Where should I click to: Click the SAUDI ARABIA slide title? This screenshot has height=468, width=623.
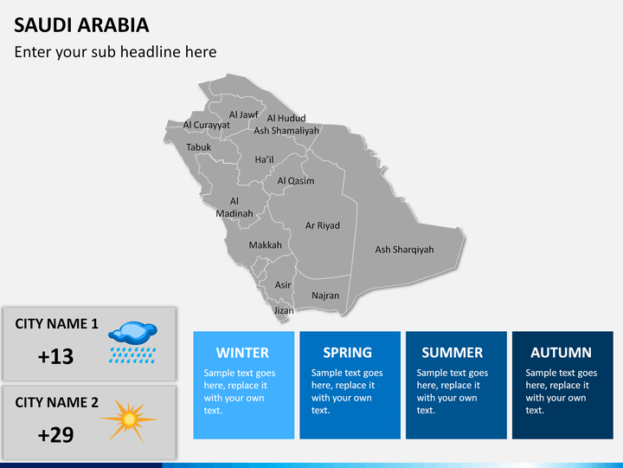81,25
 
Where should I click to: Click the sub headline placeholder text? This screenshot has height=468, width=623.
115,52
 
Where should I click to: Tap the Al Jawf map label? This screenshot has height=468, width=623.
243,114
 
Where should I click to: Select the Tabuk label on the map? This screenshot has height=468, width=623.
199,147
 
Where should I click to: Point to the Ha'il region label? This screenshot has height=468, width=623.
264,159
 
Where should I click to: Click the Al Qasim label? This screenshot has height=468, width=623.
296,180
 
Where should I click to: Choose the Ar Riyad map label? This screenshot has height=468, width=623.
322,225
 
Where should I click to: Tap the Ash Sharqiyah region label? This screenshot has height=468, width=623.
404,250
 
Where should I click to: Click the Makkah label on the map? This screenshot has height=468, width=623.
265,244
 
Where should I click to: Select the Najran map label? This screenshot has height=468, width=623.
325,296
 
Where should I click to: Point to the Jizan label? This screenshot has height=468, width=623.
284,310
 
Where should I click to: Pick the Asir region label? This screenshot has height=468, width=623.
283,285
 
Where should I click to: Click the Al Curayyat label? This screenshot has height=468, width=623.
206,125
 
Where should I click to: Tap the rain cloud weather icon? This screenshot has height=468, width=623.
132,342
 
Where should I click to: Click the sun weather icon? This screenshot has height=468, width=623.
129,420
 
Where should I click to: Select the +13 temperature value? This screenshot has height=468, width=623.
55,356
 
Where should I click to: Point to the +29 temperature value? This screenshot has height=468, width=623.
55,435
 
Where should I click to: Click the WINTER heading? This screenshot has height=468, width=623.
242,353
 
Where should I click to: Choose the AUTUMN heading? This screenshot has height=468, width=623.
561,353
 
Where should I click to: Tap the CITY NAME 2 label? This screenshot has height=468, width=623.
56,402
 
